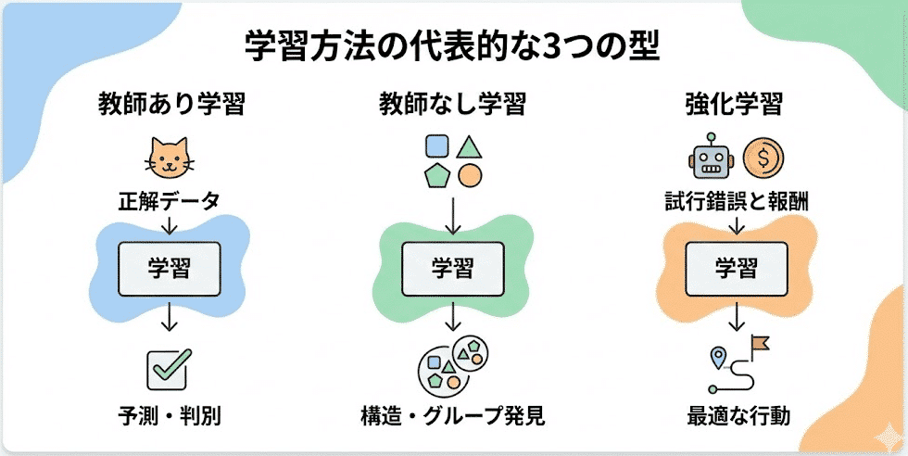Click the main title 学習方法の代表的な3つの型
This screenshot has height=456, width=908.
point(452,45)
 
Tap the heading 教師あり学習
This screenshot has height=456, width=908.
point(171,104)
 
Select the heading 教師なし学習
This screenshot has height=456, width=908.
point(451,104)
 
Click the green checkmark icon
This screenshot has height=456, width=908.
point(170,367)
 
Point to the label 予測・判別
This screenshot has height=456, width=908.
point(170,415)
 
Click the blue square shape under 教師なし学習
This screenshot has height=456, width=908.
point(435,146)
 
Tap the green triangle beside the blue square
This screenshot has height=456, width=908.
point(469,146)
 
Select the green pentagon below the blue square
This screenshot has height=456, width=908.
point(435,173)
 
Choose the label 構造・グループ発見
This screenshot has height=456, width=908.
point(452,415)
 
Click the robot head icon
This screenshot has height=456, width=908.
point(712,158)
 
